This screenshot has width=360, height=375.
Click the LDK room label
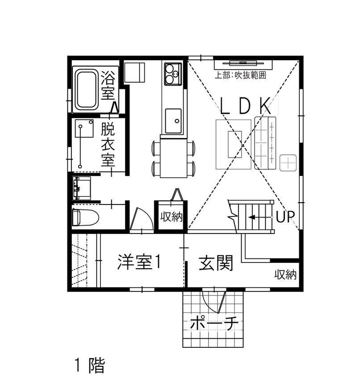pos(246,106)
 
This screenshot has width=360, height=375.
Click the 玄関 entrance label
pos(216,263)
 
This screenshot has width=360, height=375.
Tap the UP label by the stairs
pos(284,217)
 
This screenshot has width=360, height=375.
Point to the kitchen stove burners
pos(173,74)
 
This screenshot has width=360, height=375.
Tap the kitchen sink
pos(173,121)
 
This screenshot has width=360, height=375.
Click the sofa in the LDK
pos(265,142)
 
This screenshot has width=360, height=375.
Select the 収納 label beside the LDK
pos(171,217)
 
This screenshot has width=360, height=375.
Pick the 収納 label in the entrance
pos(285,275)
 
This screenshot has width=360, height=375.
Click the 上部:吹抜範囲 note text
pos(240,75)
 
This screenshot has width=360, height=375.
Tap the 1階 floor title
pos(88,365)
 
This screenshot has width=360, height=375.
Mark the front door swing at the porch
pos(213,302)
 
